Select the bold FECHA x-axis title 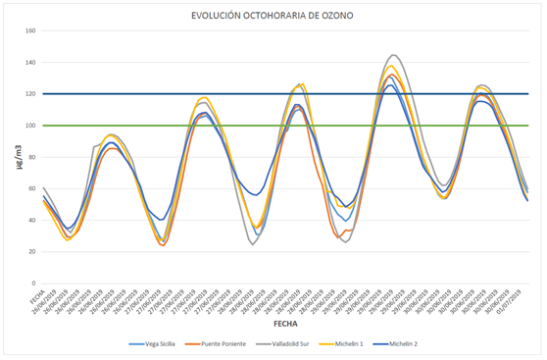(x=285, y=321)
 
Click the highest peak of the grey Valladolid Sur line (x=394, y=55)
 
